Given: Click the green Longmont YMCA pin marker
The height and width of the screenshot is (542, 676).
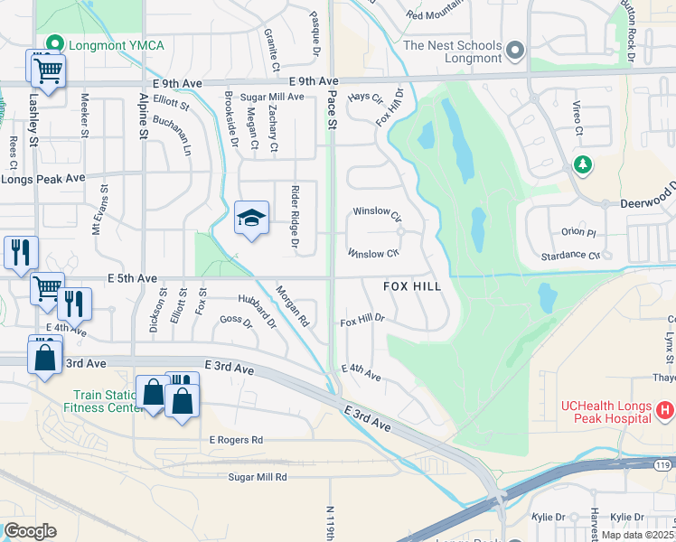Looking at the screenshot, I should click(x=56, y=43).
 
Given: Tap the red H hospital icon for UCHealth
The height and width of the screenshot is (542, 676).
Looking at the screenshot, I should click(x=665, y=411).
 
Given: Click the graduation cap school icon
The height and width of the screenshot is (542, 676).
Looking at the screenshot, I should click(x=252, y=218).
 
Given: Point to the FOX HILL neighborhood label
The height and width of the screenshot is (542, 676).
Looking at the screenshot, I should click(x=412, y=286).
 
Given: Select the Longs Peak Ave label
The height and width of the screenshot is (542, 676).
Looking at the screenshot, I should click(x=42, y=179).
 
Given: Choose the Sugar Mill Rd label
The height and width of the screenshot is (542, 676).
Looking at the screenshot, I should click(x=258, y=476).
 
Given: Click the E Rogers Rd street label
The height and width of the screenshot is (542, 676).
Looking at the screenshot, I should click(x=236, y=440).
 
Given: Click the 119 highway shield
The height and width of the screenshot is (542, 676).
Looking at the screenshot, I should click(x=662, y=464).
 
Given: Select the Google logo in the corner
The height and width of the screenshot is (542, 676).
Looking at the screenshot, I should click(x=30, y=531).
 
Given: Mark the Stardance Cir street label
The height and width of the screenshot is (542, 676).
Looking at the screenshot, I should click(x=568, y=256).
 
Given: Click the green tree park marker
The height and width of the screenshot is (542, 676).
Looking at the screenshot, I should click(x=583, y=164).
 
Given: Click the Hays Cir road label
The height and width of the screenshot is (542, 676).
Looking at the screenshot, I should click(x=366, y=97).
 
